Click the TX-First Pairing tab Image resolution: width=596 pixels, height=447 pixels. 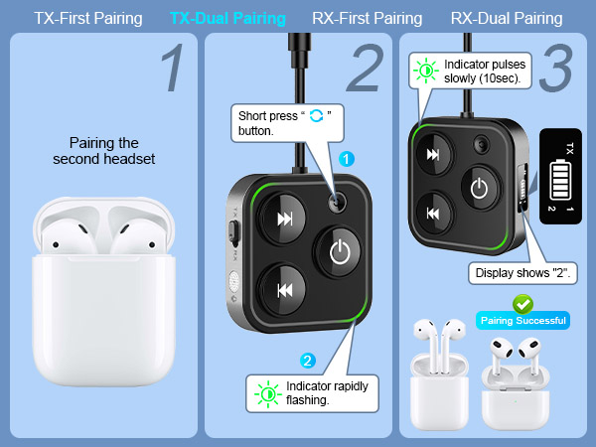click(x=88, y=19)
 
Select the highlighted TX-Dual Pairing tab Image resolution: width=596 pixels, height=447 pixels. click(x=227, y=19)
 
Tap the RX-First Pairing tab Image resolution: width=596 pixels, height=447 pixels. click(x=367, y=19)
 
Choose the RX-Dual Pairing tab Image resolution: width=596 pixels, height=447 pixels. click(x=506, y=19)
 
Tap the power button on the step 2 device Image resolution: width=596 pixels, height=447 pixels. click(x=340, y=252)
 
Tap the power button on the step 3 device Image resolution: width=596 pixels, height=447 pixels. click(x=480, y=188)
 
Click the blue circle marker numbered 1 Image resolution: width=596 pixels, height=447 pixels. click(x=347, y=158)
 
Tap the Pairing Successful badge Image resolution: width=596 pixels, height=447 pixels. click(x=522, y=320)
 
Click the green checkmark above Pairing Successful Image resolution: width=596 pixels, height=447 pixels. click(x=521, y=303)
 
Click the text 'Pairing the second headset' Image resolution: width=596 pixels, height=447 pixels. click(x=103, y=150)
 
